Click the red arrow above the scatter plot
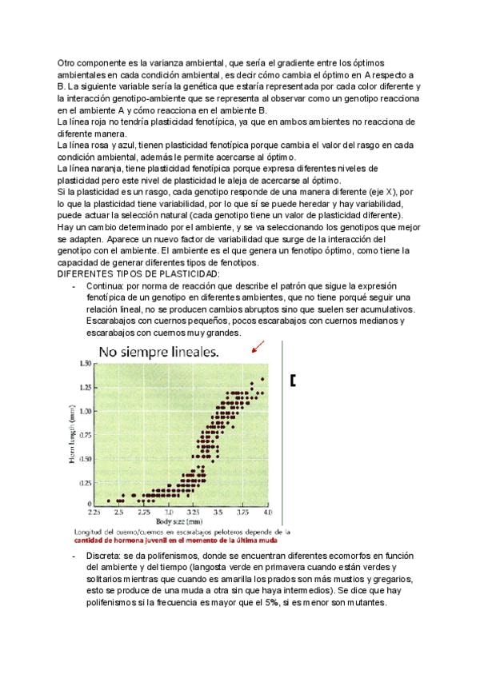(x=257, y=346)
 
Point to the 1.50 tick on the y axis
(x=85, y=364)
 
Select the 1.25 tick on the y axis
(x=85, y=388)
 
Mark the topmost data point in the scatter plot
(x=262, y=379)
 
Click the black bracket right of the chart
(x=294, y=381)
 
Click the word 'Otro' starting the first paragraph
(x=67, y=62)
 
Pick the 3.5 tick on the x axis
(x=218, y=510)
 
